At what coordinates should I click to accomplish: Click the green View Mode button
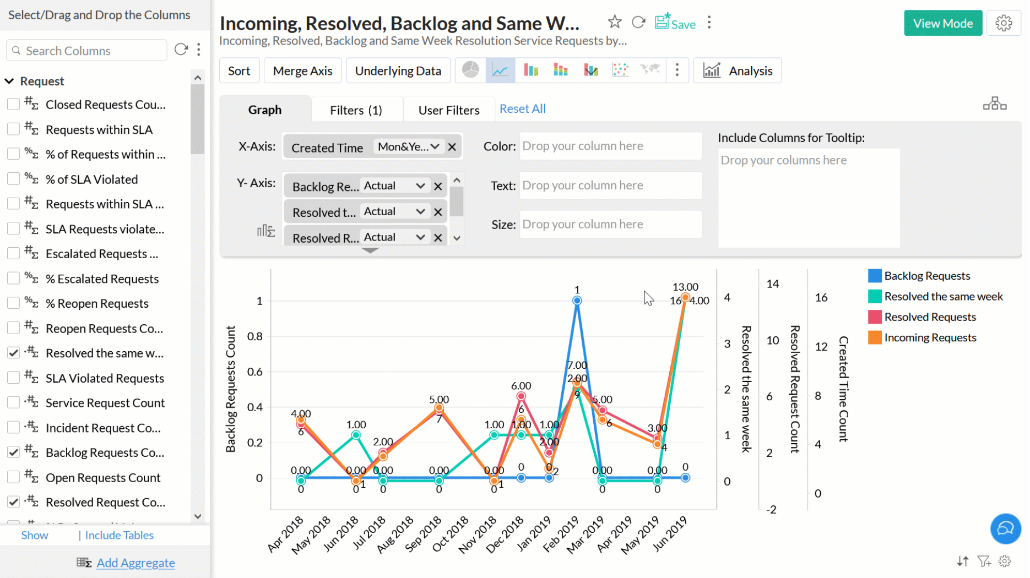[x=942, y=23]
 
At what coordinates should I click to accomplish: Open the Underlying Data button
[x=398, y=71]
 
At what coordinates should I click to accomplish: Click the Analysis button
[x=738, y=71]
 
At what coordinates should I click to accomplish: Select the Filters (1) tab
[x=356, y=110]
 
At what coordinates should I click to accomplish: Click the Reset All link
[x=522, y=109]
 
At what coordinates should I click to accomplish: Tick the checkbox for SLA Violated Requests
[x=13, y=378]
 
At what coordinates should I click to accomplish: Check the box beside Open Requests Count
[x=13, y=477]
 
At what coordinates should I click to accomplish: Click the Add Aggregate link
[x=135, y=563]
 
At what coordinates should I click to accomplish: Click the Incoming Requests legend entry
[x=930, y=337]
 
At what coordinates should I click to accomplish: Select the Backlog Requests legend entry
[x=926, y=276]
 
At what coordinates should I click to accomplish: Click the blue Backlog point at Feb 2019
[x=577, y=301]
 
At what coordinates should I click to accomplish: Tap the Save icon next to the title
[x=675, y=23]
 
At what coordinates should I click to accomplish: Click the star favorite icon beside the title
[x=615, y=22]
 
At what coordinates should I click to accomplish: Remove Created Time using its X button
[x=452, y=147]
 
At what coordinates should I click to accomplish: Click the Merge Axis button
[x=302, y=71]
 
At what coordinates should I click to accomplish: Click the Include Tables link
[x=119, y=535]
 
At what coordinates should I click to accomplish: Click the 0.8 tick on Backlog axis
[x=255, y=336]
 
